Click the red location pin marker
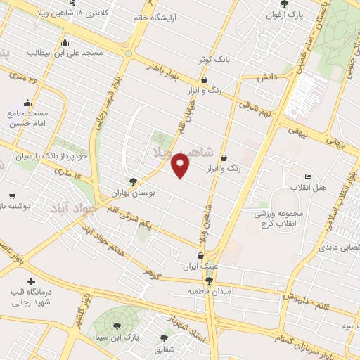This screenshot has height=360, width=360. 181,165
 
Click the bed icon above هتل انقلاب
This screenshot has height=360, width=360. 308,176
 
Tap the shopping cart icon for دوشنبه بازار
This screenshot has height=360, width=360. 12,196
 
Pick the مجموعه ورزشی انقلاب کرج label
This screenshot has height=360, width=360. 280,219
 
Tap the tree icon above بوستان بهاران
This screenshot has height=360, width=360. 134,181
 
